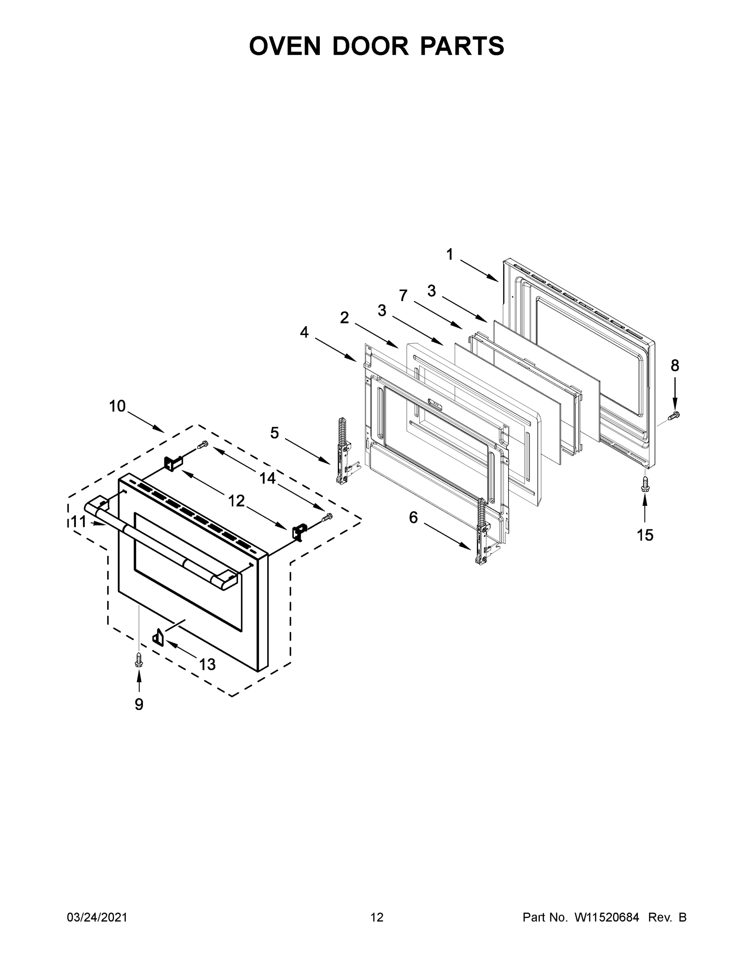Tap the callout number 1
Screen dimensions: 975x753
point(450,254)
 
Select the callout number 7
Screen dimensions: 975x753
point(403,295)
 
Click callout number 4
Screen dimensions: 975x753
point(304,332)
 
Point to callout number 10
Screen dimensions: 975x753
point(118,406)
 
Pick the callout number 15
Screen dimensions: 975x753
point(645,535)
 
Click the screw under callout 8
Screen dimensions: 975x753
point(674,415)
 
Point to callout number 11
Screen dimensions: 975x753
point(78,522)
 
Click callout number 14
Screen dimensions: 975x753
point(268,479)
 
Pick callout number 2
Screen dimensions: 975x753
point(344,318)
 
